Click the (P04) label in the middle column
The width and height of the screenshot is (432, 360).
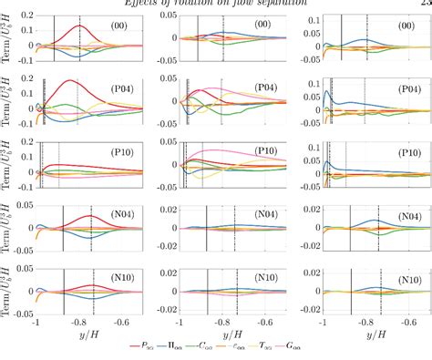(265, 88)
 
